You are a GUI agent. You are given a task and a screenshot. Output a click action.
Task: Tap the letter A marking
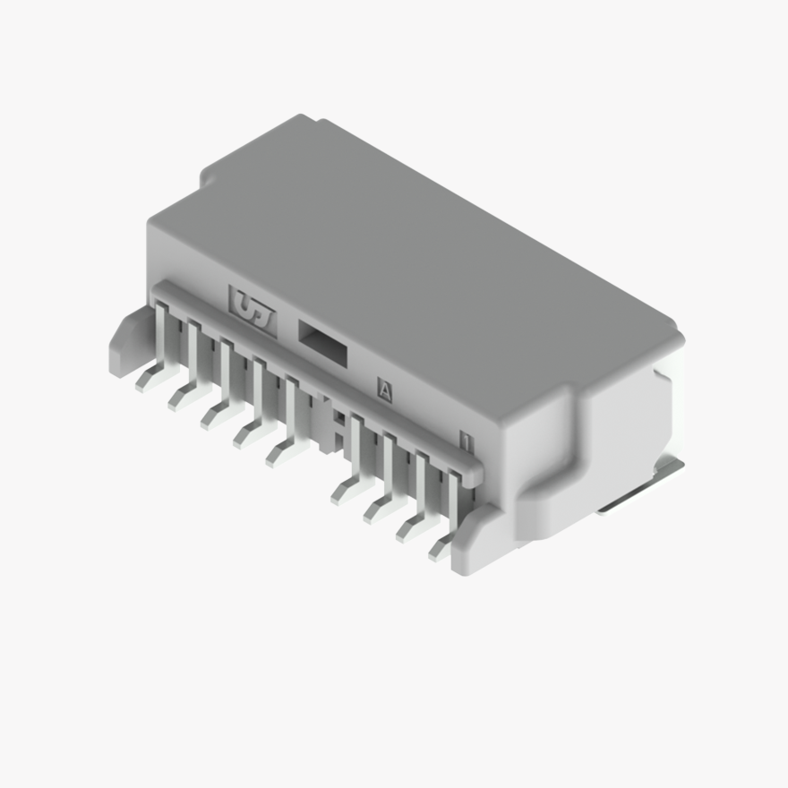tap(385, 390)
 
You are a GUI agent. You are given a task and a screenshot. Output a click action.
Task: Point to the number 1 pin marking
tap(465, 440)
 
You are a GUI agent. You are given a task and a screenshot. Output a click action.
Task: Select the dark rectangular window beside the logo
tap(321, 341)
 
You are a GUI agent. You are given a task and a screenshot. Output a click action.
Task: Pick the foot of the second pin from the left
tap(182, 395)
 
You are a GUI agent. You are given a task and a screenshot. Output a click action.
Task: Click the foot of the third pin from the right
tap(377, 511)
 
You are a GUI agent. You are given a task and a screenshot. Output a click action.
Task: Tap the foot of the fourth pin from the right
tap(345, 492)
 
